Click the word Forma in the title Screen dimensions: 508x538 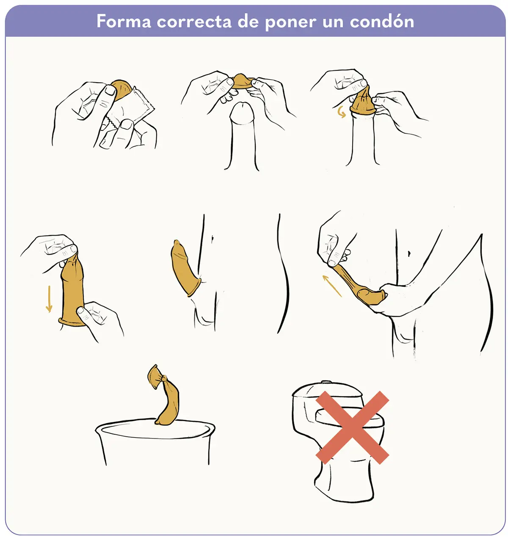click(x=124, y=21)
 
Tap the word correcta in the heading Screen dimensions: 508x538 click(x=194, y=22)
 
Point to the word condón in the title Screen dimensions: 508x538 click(x=382, y=21)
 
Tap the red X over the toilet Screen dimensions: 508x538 click(x=352, y=427)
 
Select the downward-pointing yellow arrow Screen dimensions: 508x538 click(x=49, y=299)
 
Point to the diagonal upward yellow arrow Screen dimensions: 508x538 click(x=332, y=286)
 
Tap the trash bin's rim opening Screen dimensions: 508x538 click(x=155, y=429)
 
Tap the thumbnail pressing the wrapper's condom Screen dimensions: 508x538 click(x=110, y=91)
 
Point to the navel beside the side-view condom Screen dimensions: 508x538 click(x=213, y=238)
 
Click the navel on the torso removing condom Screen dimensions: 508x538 click(x=409, y=254)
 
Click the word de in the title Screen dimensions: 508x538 click(x=248, y=22)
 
